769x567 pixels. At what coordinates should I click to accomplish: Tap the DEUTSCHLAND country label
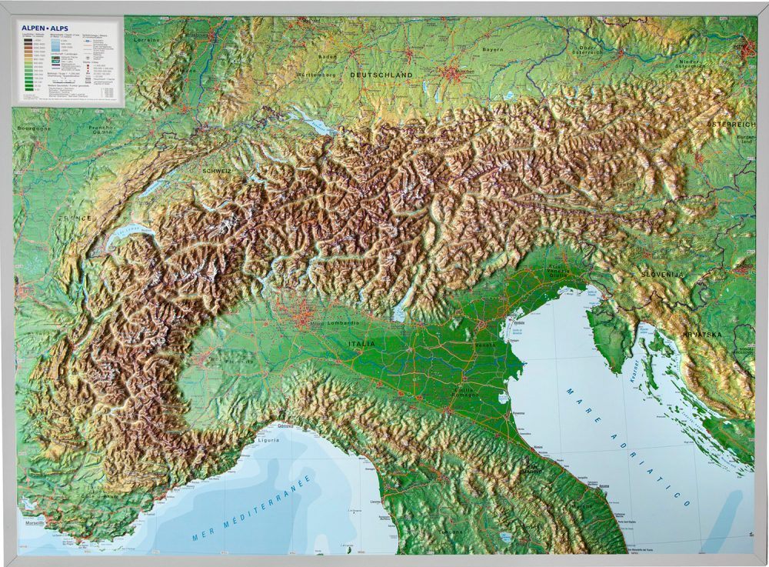pos(381,75)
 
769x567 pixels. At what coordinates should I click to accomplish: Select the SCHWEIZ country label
pos(218,171)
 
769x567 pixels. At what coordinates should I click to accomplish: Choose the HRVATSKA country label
pos(702,335)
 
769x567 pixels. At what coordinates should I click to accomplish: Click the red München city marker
pos(449,75)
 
